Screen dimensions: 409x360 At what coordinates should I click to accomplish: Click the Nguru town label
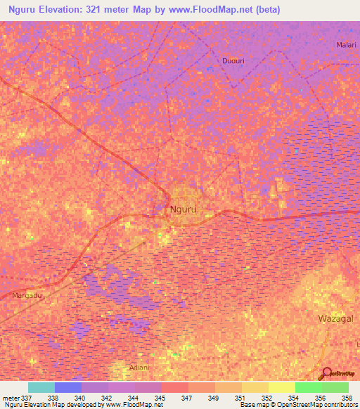(x=184, y=209)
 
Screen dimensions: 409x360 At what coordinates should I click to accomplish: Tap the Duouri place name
(x=233, y=61)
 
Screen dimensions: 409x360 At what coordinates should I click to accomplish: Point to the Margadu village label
(x=27, y=296)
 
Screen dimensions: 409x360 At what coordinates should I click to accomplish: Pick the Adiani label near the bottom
(x=139, y=368)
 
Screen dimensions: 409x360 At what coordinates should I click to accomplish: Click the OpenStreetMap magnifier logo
(x=326, y=373)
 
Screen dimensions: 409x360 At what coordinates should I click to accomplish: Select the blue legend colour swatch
(x=68, y=387)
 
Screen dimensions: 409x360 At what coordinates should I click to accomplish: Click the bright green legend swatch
(x=309, y=387)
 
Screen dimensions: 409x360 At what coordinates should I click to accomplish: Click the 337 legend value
(x=27, y=397)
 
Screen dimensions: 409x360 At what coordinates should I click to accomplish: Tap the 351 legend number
(x=240, y=397)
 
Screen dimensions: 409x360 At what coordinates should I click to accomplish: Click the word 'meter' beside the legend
(x=10, y=397)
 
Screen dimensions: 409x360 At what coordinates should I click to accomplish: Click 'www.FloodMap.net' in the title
(x=224, y=10)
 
